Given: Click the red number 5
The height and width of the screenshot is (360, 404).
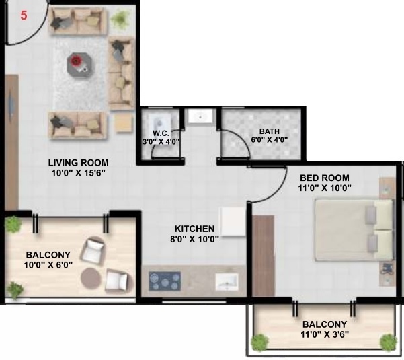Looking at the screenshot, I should [24, 15].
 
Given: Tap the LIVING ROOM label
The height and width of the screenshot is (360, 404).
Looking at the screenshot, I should [78, 163].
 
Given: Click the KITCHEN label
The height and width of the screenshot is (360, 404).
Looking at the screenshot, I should [194, 229].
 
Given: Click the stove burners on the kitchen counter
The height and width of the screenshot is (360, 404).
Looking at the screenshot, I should [163, 280].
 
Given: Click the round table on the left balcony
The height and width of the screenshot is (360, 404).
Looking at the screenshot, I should [92, 278].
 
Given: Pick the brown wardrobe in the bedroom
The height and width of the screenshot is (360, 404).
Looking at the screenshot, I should [264, 256].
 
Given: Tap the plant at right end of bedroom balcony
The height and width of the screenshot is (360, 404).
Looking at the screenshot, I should [388, 343].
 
